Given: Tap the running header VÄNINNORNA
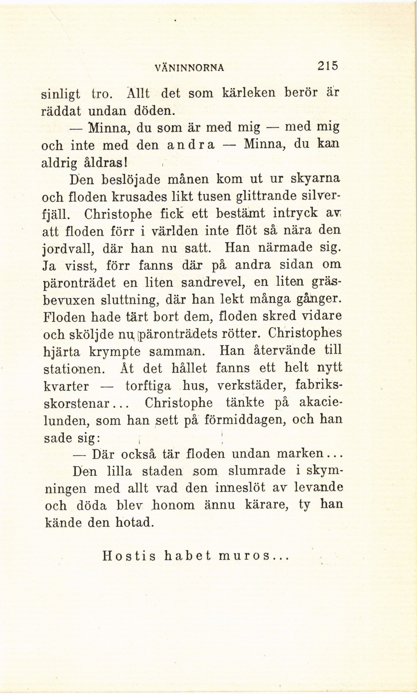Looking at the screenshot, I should coord(189,68).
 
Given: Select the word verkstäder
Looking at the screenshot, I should coord(252,386).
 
